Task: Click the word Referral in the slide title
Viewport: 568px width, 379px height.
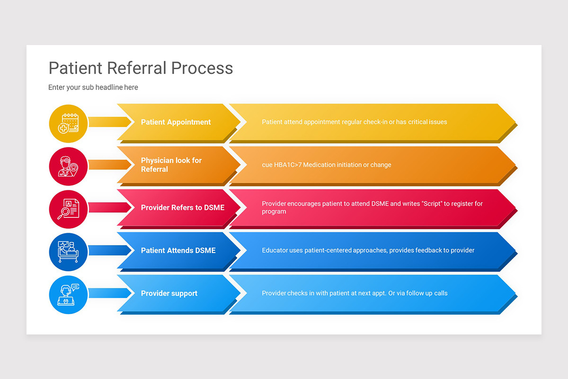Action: tap(137, 68)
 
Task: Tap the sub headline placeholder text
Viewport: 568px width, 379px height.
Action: tap(93, 87)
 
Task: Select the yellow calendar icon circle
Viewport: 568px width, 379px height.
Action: tap(68, 124)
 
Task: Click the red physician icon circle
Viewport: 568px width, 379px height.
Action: tap(68, 166)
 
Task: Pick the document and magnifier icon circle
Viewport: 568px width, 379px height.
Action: tap(68, 209)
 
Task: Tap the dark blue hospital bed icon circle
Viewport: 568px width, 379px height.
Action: tap(68, 252)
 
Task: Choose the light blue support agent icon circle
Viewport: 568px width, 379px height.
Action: tap(68, 295)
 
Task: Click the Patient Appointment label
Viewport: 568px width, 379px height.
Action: tap(176, 122)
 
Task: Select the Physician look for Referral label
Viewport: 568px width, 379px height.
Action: tap(171, 165)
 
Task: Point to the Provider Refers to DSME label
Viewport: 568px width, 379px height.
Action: tap(183, 208)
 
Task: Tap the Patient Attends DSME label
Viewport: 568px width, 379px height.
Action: tap(178, 251)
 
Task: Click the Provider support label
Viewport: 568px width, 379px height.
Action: tap(169, 293)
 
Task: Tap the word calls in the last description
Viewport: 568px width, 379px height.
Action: tap(441, 293)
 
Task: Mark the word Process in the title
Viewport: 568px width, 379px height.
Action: tap(202, 68)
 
